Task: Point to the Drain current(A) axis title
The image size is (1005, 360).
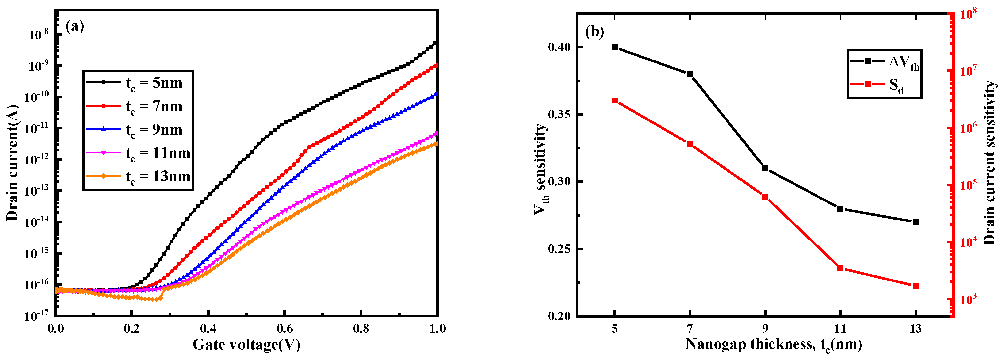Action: point(13,163)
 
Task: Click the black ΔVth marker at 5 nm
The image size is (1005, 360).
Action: point(615,47)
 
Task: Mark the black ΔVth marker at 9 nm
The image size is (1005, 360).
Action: point(765,168)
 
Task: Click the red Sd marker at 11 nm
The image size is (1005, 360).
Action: point(840,268)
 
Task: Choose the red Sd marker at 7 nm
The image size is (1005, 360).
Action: point(690,144)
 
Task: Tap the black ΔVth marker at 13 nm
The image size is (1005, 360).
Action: point(916,222)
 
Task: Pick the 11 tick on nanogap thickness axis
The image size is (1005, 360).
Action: point(840,328)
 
